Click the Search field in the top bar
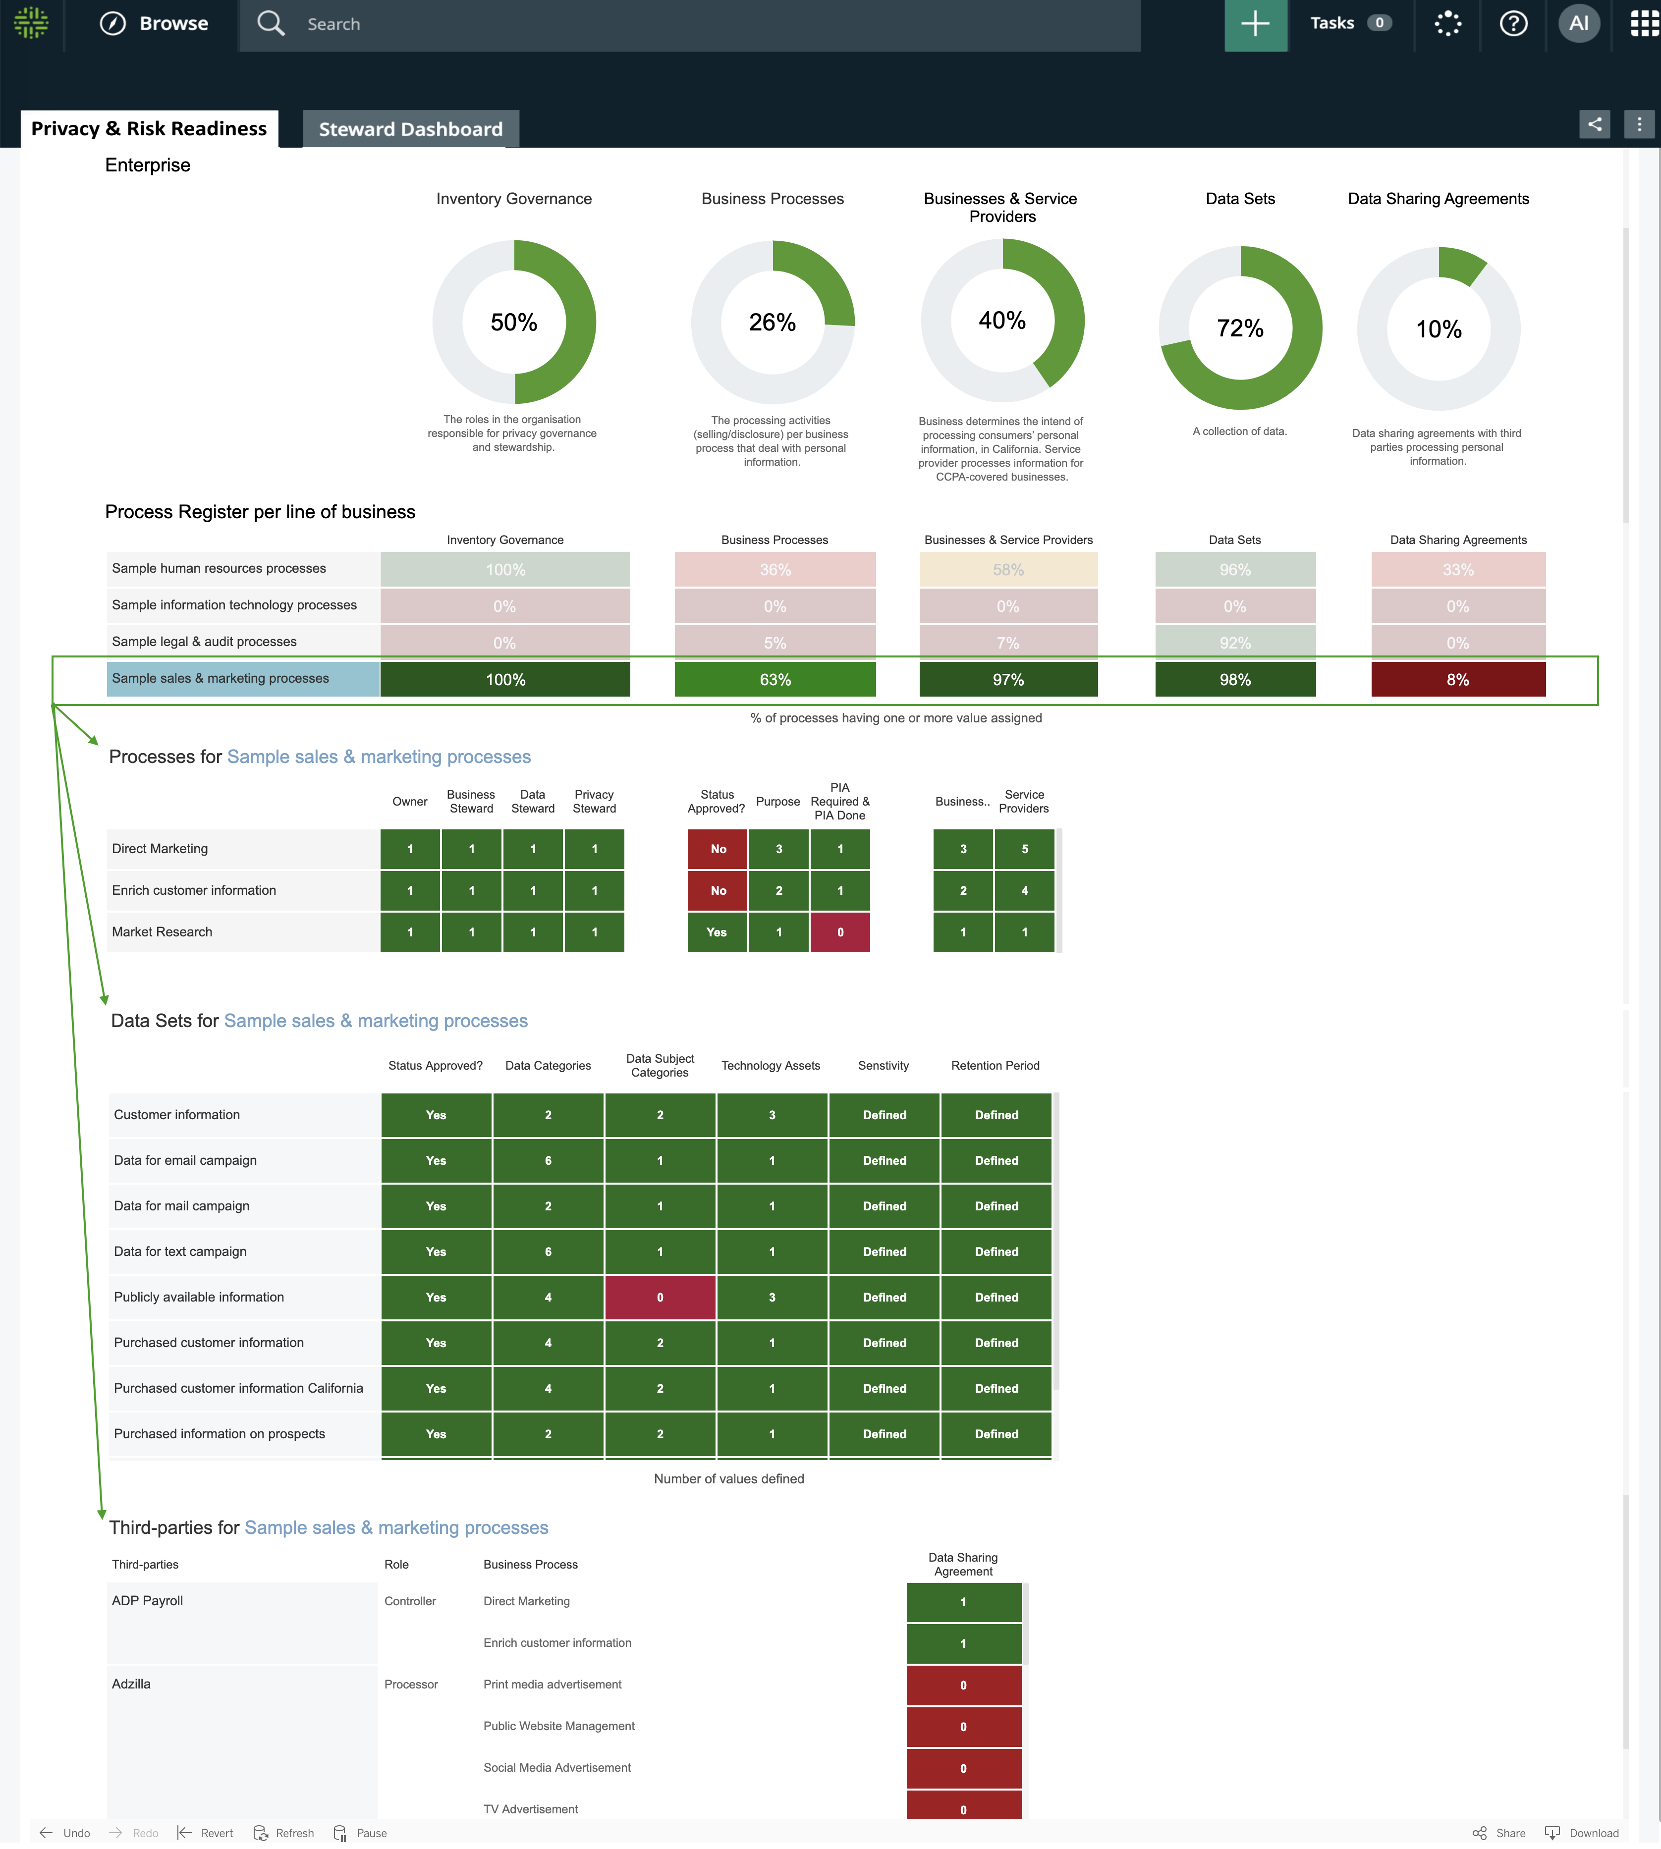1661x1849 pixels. click(694, 25)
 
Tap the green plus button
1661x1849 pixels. click(1255, 25)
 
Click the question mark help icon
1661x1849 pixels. click(1513, 24)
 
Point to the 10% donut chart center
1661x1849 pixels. click(1439, 329)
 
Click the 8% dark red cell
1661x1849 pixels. click(1457, 680)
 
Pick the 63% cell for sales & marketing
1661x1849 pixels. click(775, 680)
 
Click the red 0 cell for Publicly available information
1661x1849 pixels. click(660, 1298)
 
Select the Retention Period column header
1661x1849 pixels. click(995, 1066)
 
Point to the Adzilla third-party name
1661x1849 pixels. click(131, 1685)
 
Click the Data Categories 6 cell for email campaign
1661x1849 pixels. click(548, 1161)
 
